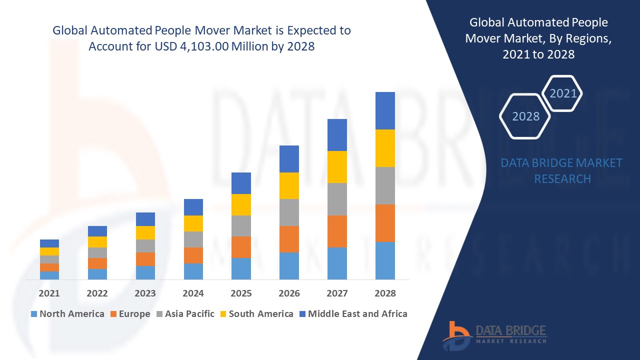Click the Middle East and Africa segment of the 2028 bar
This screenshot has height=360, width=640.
[385, 110]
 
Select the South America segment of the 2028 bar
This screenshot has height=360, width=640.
[385, 148]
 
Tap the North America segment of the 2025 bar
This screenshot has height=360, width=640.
[241, 268]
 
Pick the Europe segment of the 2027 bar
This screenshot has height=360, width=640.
[337, 231]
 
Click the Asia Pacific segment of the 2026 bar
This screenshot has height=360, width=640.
[289, 212]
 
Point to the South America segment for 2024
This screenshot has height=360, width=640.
[193, 223]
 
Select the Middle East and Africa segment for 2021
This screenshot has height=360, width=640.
[49, 243]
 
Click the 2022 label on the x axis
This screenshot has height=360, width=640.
[97, 293]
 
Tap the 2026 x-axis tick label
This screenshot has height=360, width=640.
[289, 293]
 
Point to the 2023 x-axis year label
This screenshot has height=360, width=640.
[145, 293]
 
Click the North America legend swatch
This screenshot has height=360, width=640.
[34, 314]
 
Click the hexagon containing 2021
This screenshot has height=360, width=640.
[563, 93]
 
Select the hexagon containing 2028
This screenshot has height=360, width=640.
[525, 116]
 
